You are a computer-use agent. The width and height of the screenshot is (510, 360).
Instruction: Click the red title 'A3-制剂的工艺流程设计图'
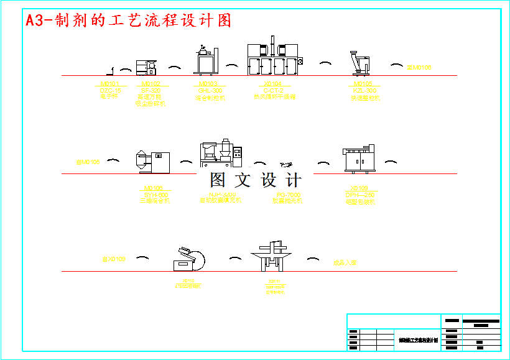128,21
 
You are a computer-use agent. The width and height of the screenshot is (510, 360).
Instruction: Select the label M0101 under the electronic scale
110,83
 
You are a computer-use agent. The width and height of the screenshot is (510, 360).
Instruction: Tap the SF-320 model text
151,91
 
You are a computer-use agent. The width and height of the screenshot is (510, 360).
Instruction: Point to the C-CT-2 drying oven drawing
274,58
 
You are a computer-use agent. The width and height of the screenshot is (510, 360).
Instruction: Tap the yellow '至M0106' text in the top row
419,67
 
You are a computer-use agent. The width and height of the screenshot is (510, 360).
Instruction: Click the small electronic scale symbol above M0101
110,72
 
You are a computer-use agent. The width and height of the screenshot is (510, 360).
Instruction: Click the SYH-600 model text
152,195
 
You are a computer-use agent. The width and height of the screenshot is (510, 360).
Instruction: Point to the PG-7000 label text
288,195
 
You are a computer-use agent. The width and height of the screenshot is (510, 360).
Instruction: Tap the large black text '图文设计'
255,181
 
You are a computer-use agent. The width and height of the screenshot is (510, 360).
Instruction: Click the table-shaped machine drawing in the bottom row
271,256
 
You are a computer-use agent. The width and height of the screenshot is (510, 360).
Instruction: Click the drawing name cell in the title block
418,341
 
